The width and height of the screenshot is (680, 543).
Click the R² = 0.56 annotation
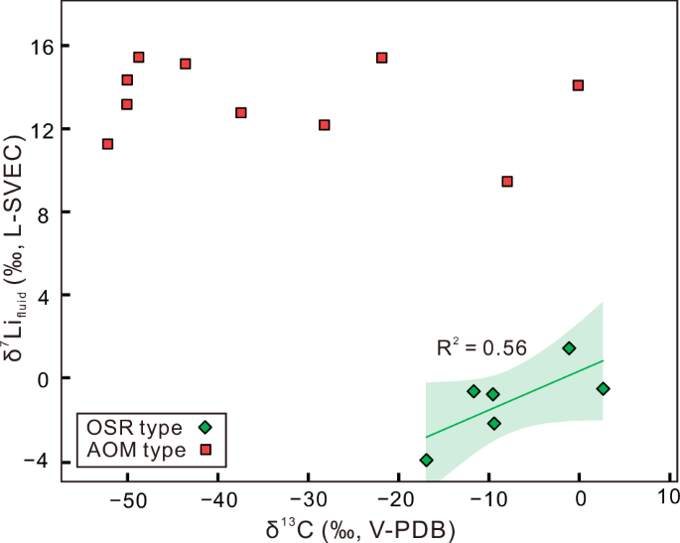(481, 347)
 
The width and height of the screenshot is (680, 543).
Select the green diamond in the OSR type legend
(204, 428)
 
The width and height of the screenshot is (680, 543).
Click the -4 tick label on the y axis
(41, 462)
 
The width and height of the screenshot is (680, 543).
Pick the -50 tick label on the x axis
(127, 497)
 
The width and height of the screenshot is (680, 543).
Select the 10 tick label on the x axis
(669, 497)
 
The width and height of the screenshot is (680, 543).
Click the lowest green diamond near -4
(427, 460)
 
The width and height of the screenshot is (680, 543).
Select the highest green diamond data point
(569, 348)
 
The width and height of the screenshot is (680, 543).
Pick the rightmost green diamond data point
(603, 388)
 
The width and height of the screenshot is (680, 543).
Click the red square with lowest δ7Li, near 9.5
(507, 182)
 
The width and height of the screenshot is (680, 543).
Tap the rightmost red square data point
(578, 85)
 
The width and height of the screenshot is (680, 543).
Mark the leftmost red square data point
(107, 144)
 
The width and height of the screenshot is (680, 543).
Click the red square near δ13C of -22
(381, 58)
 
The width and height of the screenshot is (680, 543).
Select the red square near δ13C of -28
(324, 125)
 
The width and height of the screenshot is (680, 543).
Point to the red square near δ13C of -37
(240, 113)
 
